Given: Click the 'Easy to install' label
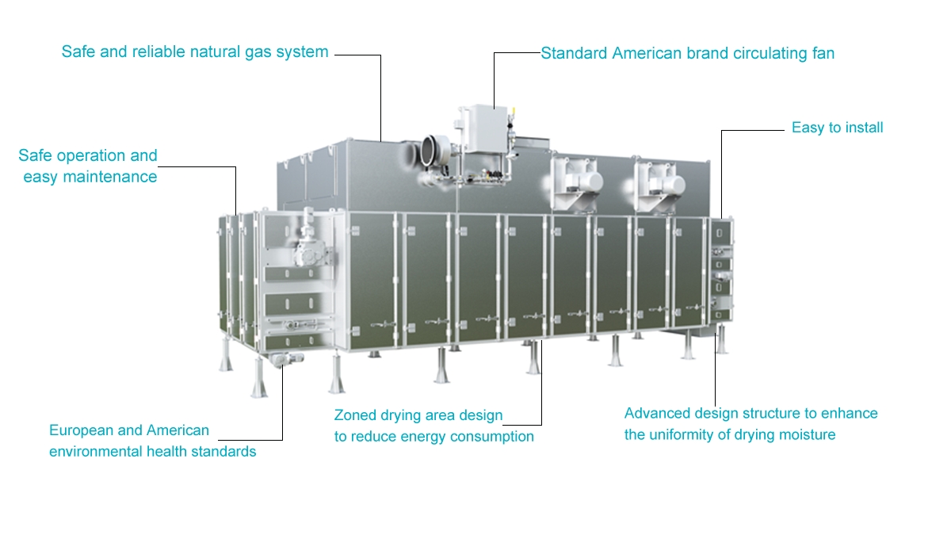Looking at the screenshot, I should [x=837, y=128].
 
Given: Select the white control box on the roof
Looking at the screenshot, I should [x=484, y=128].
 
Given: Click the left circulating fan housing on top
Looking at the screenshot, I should [x=575, y=181].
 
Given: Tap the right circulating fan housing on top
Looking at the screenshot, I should [x=661, y=181].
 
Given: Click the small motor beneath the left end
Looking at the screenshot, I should [x=281, y=360].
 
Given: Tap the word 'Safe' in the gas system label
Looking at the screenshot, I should [x=78, y=52].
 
